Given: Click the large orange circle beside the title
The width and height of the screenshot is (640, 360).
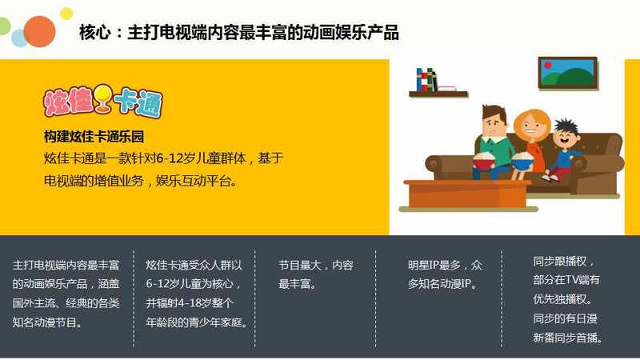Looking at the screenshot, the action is (x=39, y=31).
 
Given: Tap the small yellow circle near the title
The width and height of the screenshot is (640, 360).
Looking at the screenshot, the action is (x=66, y=14).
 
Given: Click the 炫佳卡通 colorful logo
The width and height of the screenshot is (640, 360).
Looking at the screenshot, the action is (x=103, y=101).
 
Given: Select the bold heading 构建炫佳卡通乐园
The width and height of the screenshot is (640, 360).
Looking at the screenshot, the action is (x=94, y=136).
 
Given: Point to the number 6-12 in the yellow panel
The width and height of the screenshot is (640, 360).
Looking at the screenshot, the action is (x=170, y=158).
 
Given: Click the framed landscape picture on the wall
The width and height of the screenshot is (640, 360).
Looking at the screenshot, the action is (x=568, y=73).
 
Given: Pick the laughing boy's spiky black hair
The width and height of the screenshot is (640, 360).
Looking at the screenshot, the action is (x=566, y=126).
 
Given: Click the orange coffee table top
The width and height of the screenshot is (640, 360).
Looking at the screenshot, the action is (x=467, y=184).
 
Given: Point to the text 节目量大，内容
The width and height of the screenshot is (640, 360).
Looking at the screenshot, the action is (x=316, y=266).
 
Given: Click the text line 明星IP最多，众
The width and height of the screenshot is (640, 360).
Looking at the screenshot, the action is (x=445, y=266).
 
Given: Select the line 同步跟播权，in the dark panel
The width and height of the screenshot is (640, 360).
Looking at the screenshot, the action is (x=563, y=262).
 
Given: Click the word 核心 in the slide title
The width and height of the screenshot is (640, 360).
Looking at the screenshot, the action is (x=95, y=33).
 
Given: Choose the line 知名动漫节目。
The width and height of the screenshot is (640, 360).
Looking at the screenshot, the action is (x=48, y=322).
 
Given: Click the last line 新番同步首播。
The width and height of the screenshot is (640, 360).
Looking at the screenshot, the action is (x=568, y=338).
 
